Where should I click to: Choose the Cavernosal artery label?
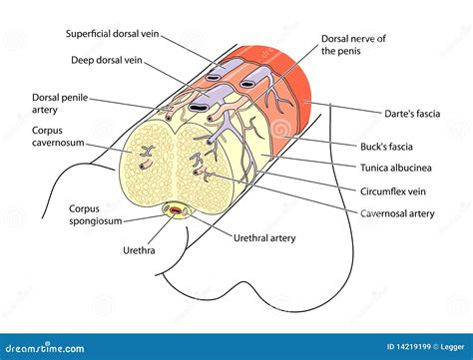tap(397, 212)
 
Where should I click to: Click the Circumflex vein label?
tap(392, 190)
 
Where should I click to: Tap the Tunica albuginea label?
tap(398, 168)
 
